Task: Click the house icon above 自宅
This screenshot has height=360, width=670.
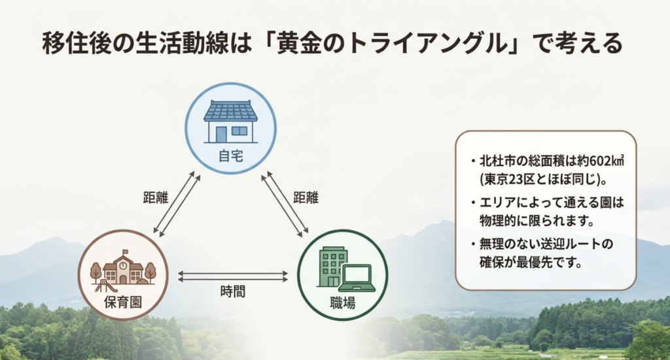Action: click(230, 121)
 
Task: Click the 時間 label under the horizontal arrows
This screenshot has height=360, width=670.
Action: click(233, 292)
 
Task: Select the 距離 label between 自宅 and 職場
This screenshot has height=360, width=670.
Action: click(306, 197)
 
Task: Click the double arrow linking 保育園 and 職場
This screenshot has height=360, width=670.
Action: click(233, 276)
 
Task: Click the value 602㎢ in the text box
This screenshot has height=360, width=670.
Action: click(602, 161)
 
